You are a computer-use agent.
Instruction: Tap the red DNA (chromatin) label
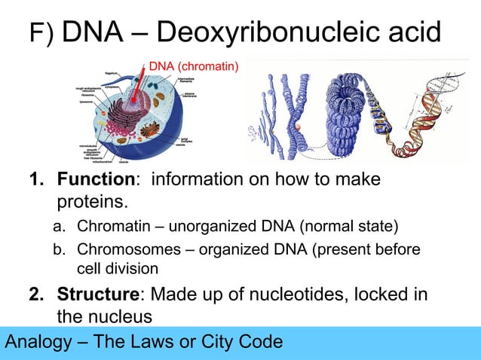[193, 68]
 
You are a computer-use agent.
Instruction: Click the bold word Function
[94, 180]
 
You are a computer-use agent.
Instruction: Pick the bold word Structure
[98, 293]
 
